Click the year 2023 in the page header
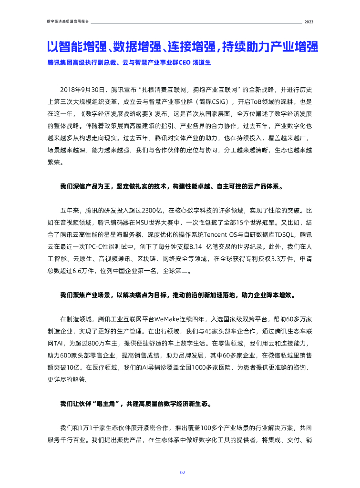pos(309,22)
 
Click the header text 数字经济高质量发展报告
pos(68,22)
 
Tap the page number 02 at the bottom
pos(182,473)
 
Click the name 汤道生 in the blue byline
pos(201,62)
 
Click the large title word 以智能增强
pos(73,47)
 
